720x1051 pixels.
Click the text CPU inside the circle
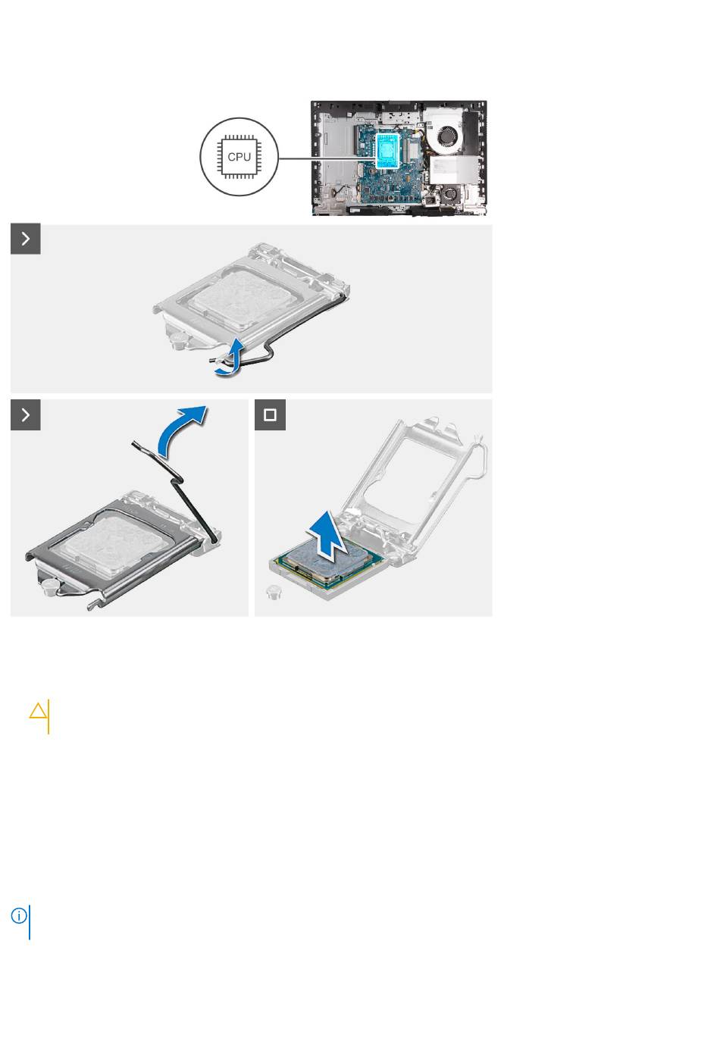click(x=239, y=157)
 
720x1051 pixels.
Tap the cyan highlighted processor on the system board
click(x=389, y=150)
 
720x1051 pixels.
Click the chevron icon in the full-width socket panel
click(x=25, y=239)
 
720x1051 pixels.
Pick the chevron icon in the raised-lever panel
click(x=25, y=414)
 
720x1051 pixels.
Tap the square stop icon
click(x=270, y=414)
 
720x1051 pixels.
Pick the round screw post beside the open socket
click(x=273, y=593)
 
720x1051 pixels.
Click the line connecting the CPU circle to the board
click(x=327, y=158)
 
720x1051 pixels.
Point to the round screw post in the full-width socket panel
click(x=177, y=339)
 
